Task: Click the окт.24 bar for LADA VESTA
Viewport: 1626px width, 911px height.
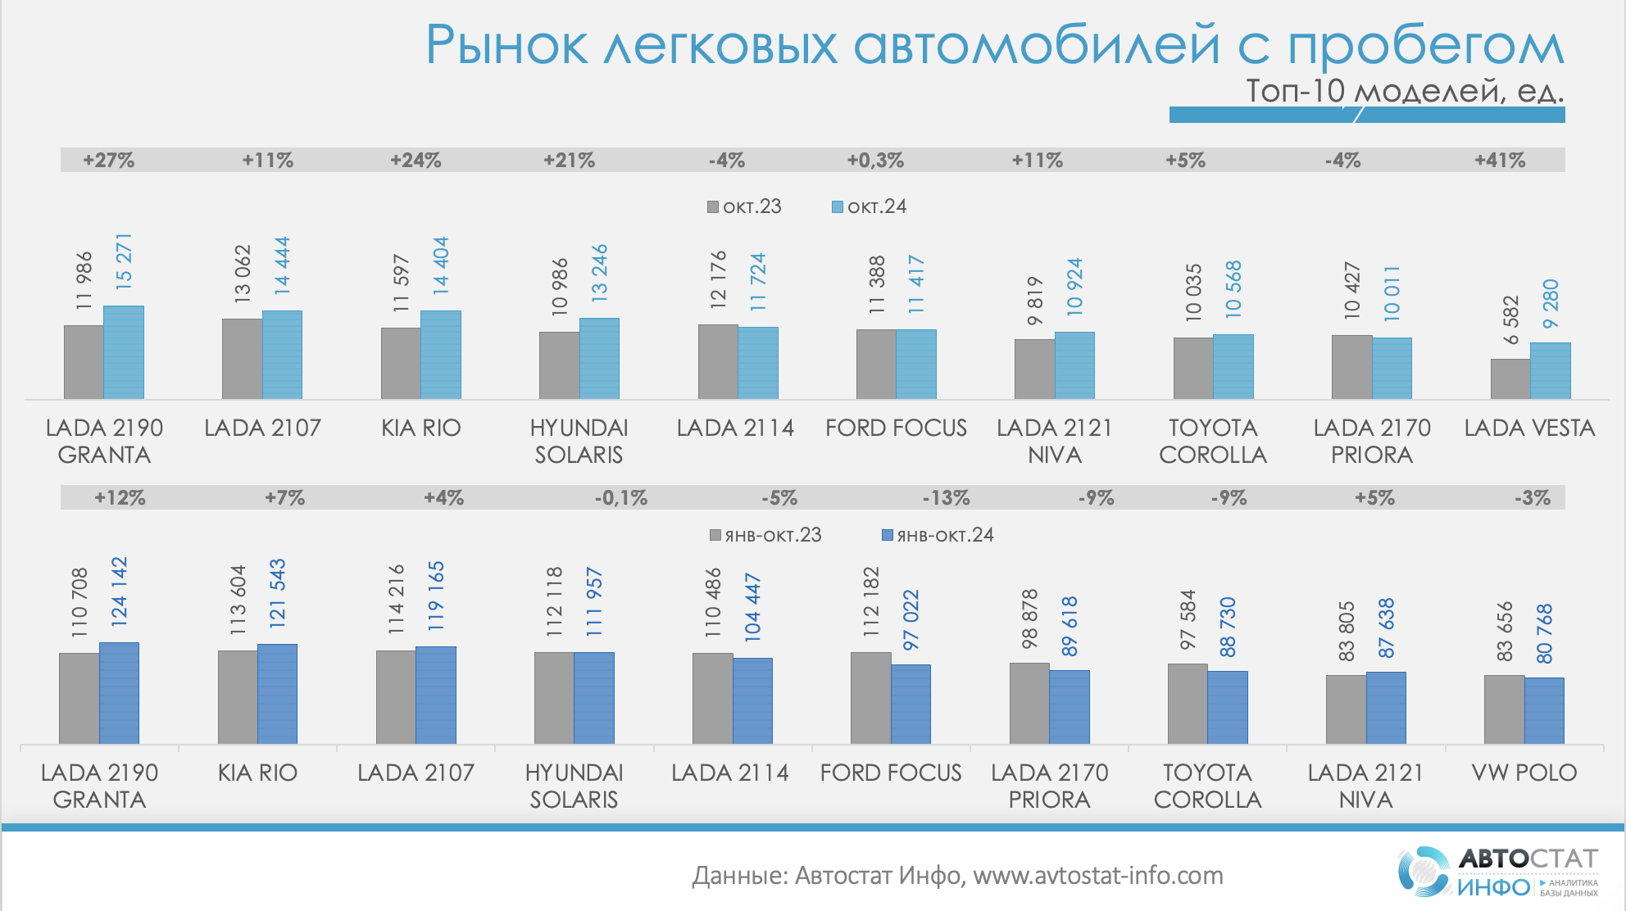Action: tap(1550, 371)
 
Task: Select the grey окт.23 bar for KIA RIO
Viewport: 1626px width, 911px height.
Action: tap(401, 364)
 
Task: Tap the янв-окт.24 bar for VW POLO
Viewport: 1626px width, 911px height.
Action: tap(1544, 710)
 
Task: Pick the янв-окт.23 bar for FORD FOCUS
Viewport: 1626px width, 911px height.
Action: tap(870, 698)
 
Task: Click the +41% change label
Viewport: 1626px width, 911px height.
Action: tap(1500, 161)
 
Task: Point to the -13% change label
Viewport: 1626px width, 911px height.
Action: tap(946, 498)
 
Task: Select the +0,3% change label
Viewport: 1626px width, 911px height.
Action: tap(875, 161)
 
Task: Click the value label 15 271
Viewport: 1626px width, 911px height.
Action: tap(124, 261)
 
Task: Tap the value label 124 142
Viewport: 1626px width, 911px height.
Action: tap(119, 591)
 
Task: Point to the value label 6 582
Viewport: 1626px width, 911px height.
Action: tap(1510, 320)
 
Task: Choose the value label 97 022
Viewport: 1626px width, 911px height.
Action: tap(911, 620)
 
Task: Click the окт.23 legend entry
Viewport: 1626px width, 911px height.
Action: tap(744, 206)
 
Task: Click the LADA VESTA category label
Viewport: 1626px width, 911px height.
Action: tap(1529, 428)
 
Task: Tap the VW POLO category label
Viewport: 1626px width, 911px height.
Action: tap(1524, 773)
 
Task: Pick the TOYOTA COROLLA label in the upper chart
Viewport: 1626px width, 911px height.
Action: tap(1213, 441)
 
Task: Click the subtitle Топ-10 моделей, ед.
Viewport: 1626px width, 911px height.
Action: tap(1405, 91)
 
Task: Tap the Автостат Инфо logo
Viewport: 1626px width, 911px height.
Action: tap(1498, 872)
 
